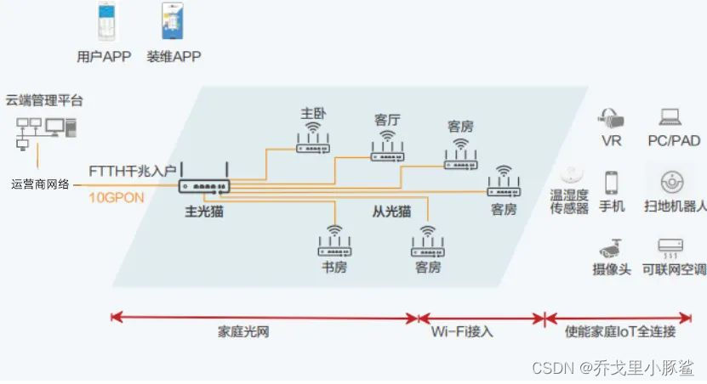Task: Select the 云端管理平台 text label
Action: coord(45,100)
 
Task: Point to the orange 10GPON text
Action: coord(117,196)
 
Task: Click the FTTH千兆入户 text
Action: coord(133,171)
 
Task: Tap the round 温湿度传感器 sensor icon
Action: coord(570,175)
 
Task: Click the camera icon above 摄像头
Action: coord(610,247)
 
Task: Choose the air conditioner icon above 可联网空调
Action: coord(670,246)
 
